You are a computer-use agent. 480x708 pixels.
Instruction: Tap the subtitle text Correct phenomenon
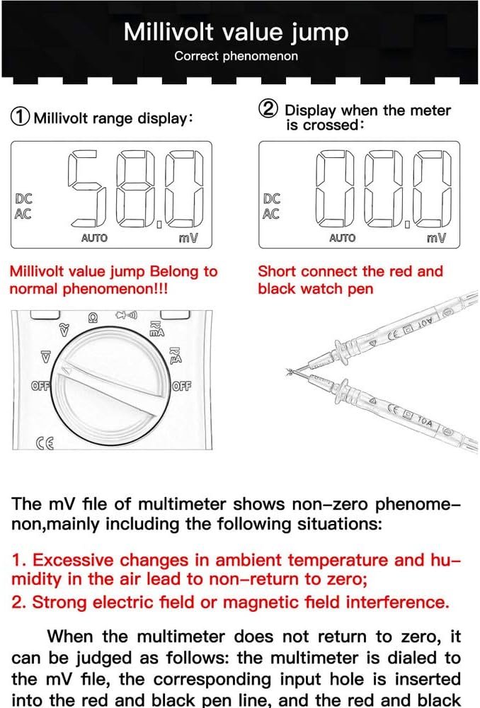click(x=236, y=56)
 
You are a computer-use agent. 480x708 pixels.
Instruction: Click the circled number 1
click(x=21, y=118)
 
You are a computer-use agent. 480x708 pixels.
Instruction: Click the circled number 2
click(x=268, y=110)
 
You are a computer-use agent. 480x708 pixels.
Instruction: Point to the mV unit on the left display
click(x=188, y=239)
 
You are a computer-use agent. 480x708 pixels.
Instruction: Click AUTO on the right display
click(x=342, y=239)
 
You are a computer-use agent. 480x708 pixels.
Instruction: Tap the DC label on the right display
click(x=271, y=200)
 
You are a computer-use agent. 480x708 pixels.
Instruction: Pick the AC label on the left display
click(x=23, y=215)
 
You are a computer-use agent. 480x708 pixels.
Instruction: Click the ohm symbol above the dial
click(x=91, y=318)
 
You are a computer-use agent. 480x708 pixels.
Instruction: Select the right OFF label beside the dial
click(x=182, y=386)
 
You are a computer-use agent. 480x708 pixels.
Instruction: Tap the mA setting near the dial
click(x=156, y=329)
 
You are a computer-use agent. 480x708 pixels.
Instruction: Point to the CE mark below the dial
click(x=45, y=444)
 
